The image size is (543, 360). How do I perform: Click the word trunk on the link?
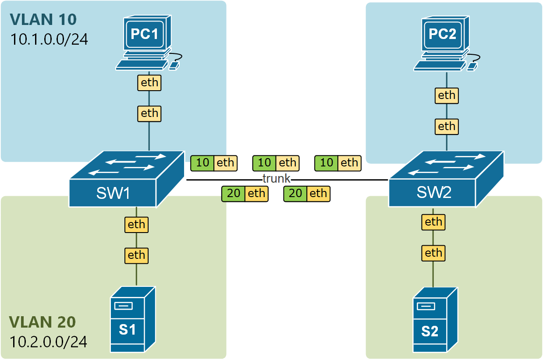coord(277,178)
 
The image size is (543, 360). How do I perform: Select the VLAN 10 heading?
coord(43,19)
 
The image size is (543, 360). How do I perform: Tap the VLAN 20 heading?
coord(43,322)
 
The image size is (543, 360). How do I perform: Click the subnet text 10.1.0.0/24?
coord(49,39)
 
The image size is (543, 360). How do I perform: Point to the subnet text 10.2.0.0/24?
coord(48,342)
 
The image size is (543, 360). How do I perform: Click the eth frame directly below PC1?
coord(149,82)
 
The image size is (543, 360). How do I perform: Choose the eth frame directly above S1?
coord(136,255)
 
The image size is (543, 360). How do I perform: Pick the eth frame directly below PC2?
coord(447,95)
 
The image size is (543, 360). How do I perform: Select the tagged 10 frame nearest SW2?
coord(338,163)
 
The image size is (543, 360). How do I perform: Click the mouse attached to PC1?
coord(174,65)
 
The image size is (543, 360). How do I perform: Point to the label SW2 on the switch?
coord(434,193)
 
